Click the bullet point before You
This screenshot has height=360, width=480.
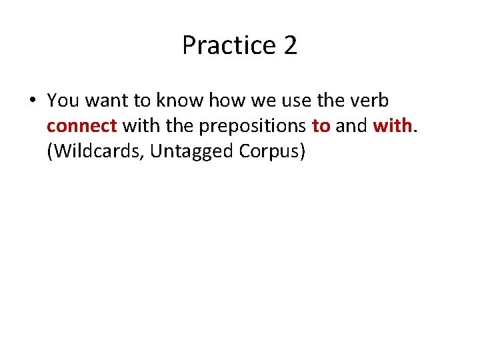(32, 101)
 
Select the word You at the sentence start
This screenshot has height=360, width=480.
(63, 101)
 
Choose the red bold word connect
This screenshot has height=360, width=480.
(82, 126)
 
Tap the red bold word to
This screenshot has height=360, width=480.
(321, 126)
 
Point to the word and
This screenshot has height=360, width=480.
(352, 126)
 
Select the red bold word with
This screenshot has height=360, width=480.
(392, 126)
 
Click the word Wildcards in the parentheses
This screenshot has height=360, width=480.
(96, 152)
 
